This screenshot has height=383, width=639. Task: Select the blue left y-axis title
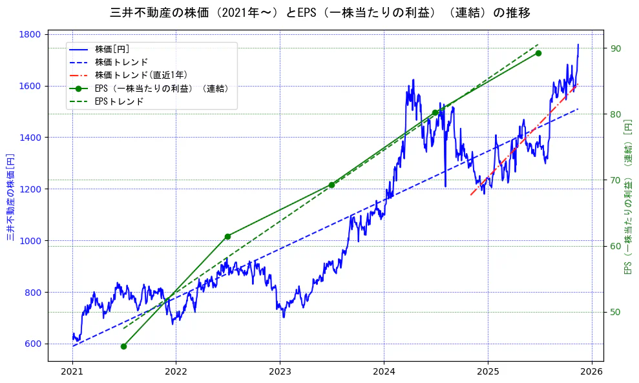tap(11, 197)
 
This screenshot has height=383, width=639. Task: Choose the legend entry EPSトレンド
tap(119, 101)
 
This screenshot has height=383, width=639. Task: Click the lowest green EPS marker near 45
tap(123, 346)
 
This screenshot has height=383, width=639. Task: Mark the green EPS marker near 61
tap(227, 236)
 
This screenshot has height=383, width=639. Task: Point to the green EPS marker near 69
tap(331, 185)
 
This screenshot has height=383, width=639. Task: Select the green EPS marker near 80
tap(435, 112)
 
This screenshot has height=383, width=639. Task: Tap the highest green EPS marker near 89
tap(538, 53)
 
